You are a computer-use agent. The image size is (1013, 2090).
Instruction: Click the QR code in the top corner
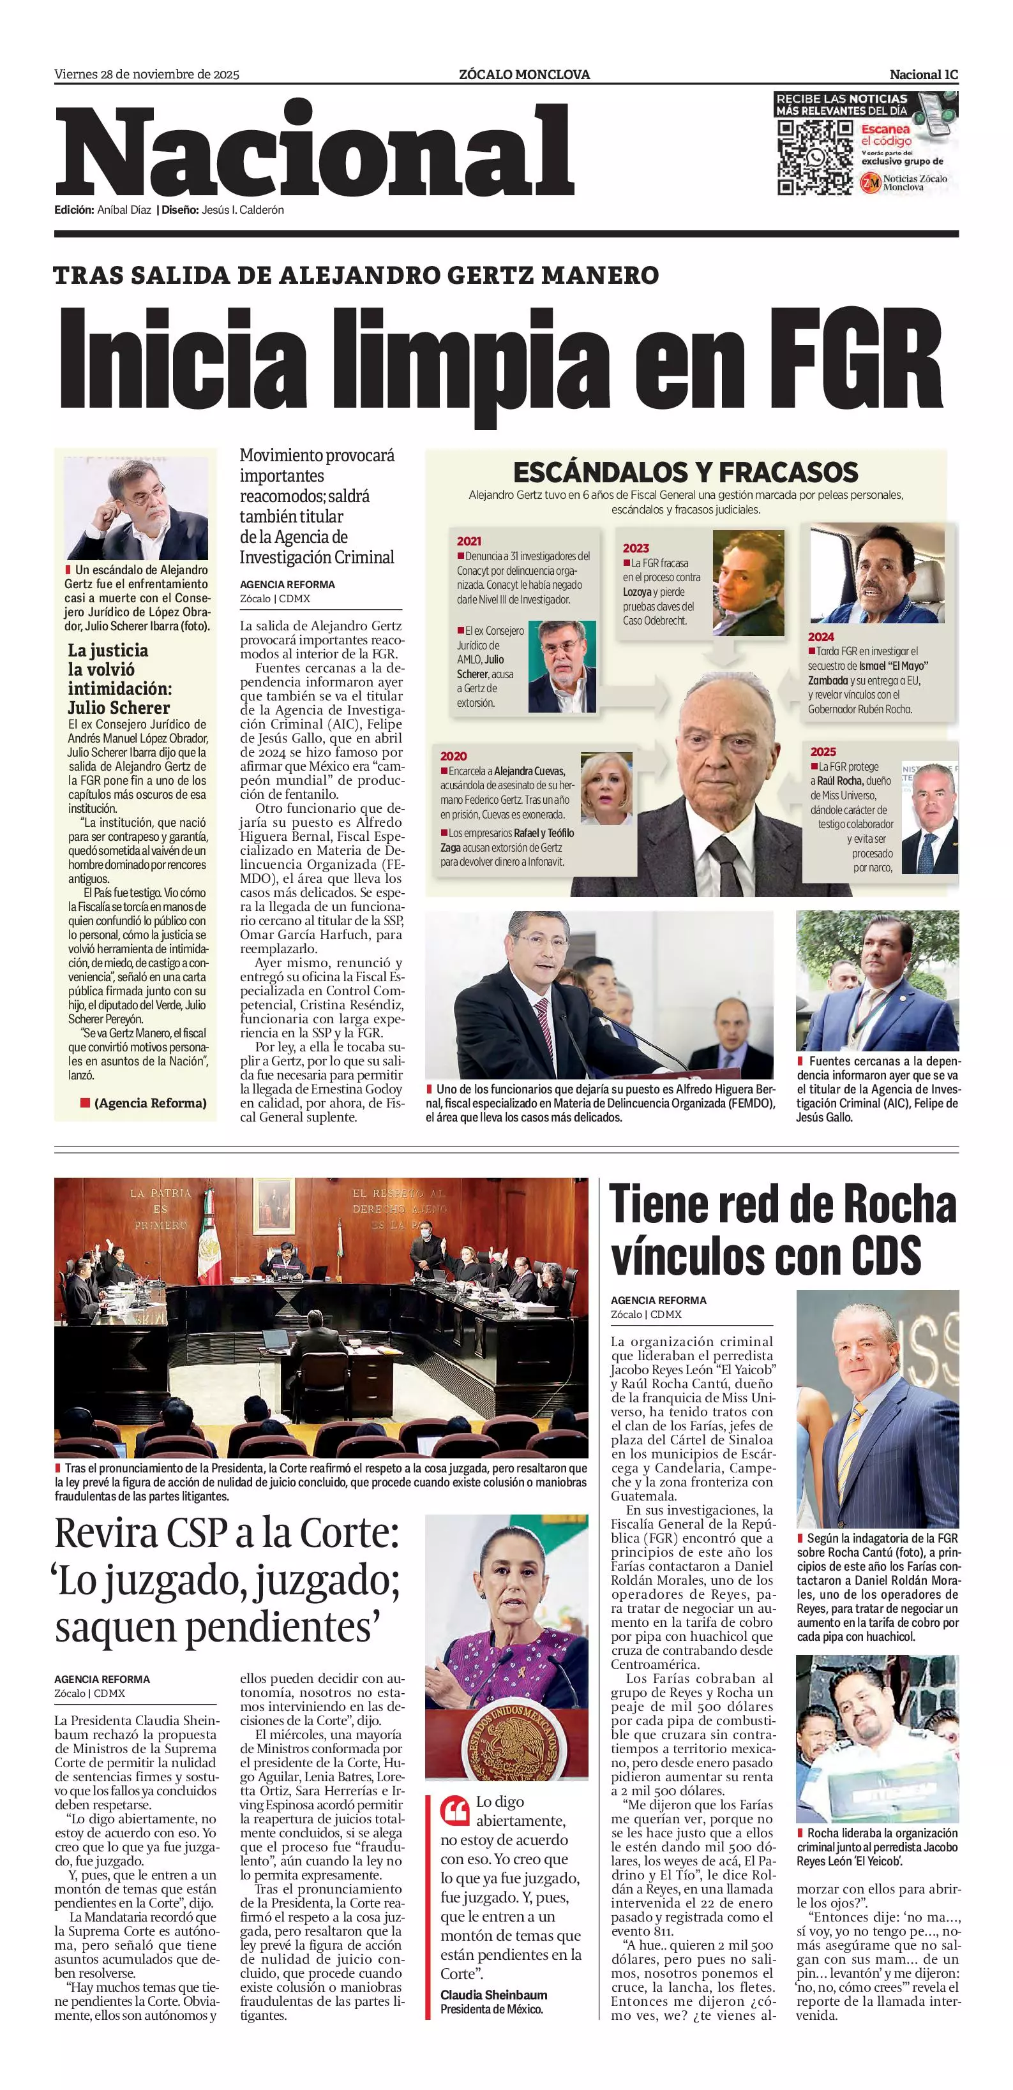click(x=814, y=156)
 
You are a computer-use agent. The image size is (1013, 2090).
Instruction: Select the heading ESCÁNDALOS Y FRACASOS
click(x=685, y=471)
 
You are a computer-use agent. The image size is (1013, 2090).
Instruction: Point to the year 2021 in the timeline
click(x=469, y=541)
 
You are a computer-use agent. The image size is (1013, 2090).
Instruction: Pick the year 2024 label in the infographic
click(x=821, y=637)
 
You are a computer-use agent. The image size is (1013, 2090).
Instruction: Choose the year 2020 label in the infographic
click(x=453, y=756)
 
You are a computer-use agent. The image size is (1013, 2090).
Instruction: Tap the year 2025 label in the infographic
click(x=822, y=752)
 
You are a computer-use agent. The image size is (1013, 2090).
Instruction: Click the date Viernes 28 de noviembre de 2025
click(x=147, y=75)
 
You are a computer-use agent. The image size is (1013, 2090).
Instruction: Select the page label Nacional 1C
click(x=924, y=75)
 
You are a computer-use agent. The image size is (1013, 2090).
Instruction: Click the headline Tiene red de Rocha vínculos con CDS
click(x=783, y=1230)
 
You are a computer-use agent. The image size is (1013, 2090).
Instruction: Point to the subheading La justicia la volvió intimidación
click(x=119, y=678)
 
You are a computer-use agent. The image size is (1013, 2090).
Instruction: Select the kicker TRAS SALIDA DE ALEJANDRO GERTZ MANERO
click(x=356, y=275)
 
